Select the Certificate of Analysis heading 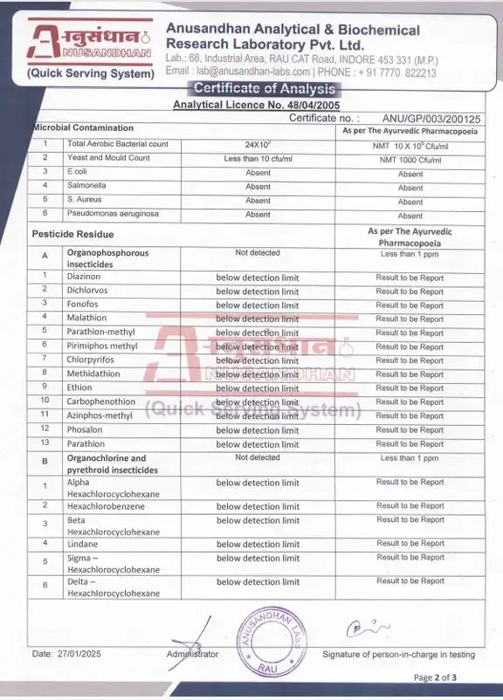point(264,88)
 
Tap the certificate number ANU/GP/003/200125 point(431,116)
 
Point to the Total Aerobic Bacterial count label point(117,144)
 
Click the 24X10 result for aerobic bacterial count point(258,144)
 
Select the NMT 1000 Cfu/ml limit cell point(410,160)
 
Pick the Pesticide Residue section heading point(72,234)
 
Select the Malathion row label point(86,318)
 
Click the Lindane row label point(82,544)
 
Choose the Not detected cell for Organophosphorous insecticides point(258,253)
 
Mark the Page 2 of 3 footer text point(435,677)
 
